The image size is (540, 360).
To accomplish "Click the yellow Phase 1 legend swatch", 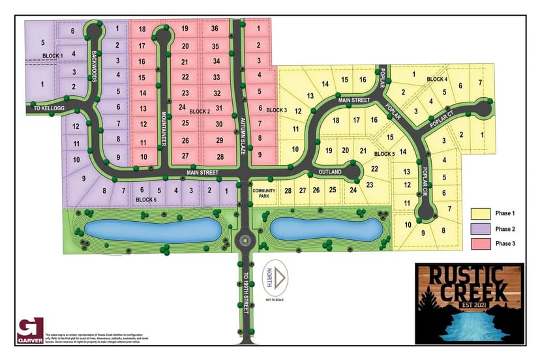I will [x=481, y=213].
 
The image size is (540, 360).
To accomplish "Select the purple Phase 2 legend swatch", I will [x=481, y=228].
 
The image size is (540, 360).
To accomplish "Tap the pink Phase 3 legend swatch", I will [x=481, y=244].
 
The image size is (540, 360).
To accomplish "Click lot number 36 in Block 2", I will [x=215, y=29].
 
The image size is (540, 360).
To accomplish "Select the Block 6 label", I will [x=146, y=199].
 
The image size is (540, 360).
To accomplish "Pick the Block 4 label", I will [x=437, y=80].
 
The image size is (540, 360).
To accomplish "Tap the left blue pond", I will [x=151, y=229].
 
